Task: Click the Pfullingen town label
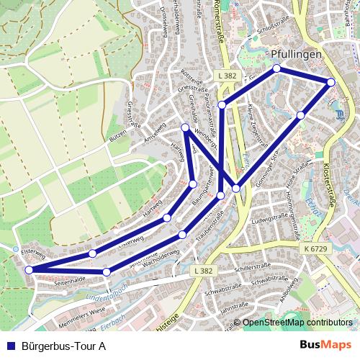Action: pyautogui.click(x=297, y=55)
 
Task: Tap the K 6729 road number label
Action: pyautogui.click(x=316, y=248)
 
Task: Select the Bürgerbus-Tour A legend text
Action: pyautogui.click(x=64, y=346)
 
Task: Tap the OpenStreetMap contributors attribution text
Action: pyautogui.click(x=297, y=323)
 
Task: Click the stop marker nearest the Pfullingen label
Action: pyautogui.click(x=276, y=69)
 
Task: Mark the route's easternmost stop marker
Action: pyautogui.click(x=331, y=82)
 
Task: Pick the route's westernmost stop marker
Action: pyautogui.click(x=29, y=270)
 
